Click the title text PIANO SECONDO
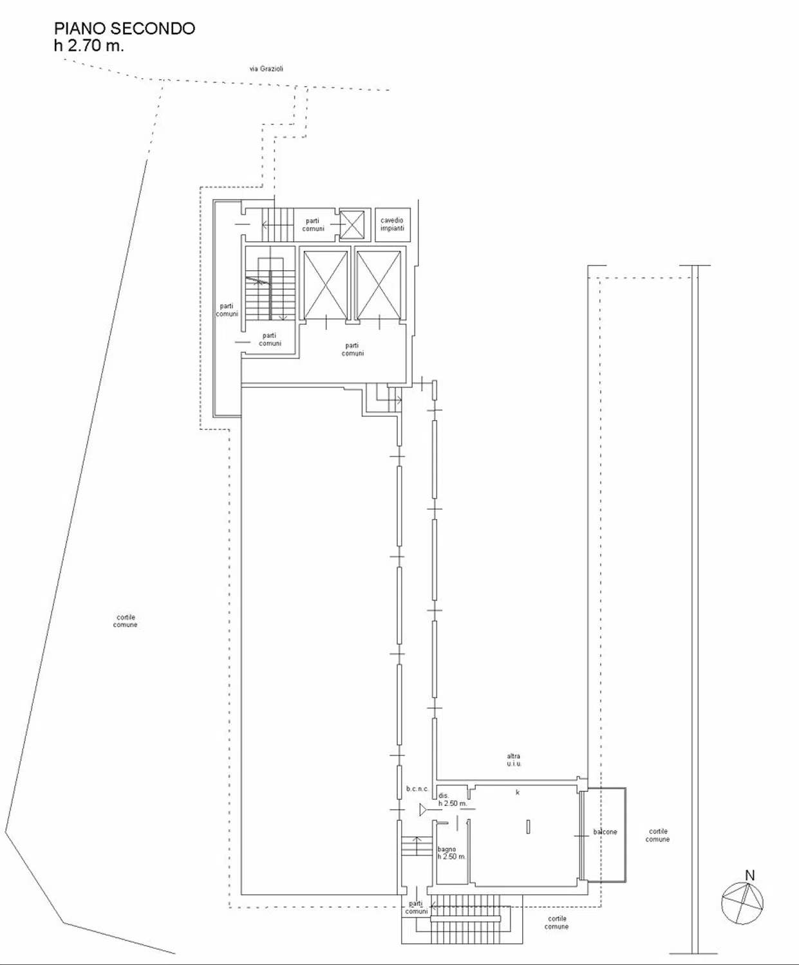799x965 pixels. pos(124,29)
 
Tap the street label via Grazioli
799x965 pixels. pos(266,69)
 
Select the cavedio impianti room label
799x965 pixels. pos(392,224)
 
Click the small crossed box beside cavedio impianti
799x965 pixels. pos(352,225)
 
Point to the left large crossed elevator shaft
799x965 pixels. pos(325,285)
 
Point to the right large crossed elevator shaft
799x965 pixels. pos(379,285)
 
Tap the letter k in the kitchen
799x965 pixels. pos(518,792)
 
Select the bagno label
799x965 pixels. pos(446,849)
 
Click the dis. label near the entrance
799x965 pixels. pos(444,795)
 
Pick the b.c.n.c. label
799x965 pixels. pos(417,789)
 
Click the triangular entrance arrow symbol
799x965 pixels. pos(424,809)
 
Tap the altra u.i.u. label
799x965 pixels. pos(514,760)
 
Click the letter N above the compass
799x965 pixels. pos(750,876)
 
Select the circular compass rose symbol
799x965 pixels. pos(742,903)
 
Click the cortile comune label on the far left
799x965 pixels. pos(126,621)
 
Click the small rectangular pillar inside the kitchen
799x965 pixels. pos(529,826)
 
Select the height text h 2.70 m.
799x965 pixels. pos(89,46)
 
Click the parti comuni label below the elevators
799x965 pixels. pos(353,349)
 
